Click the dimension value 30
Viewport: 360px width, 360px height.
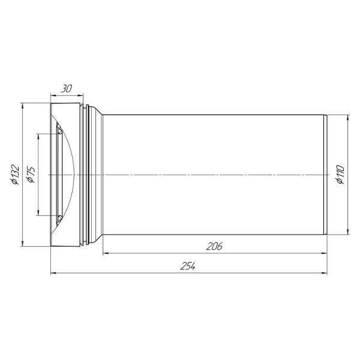tap(67, 89)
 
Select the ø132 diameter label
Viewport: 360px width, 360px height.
tap(15, 175)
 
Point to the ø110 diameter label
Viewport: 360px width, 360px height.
tap(340, 175)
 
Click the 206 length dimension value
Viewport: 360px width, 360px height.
tap(214, 247)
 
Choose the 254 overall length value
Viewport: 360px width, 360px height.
tap(188, 266)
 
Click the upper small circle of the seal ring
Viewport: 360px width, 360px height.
tap(60, 131)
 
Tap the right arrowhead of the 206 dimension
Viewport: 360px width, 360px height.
tap(324, 253)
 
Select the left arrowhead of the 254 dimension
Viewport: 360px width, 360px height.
tap(53, 273)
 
